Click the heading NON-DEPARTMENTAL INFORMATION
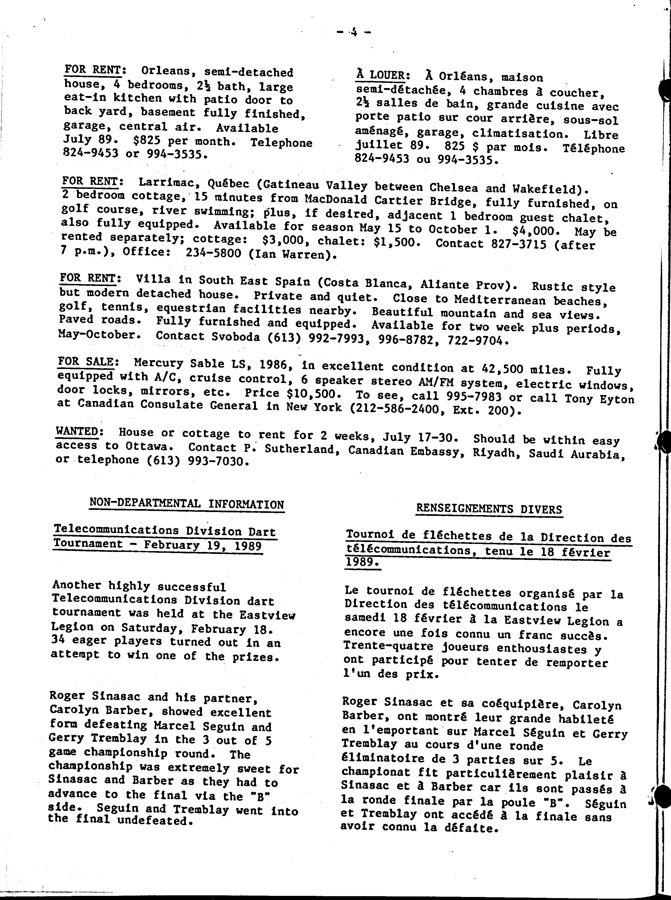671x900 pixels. click(186, 504)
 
